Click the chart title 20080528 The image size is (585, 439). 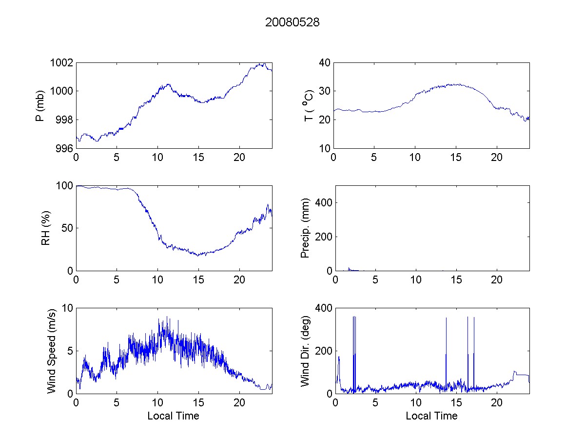[292, 22]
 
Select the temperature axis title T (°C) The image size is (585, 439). [308, 105]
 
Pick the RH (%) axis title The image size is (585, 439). [45, 228]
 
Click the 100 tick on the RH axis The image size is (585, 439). [65, 186]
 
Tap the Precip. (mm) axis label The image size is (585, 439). [305, 228]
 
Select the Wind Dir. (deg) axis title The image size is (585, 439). [305, 351]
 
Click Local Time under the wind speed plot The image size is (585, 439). [173, 416]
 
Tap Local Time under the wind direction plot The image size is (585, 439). [431, 416]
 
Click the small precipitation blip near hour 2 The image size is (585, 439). [349, 268]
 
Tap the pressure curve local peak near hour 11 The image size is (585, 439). [168, 84]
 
